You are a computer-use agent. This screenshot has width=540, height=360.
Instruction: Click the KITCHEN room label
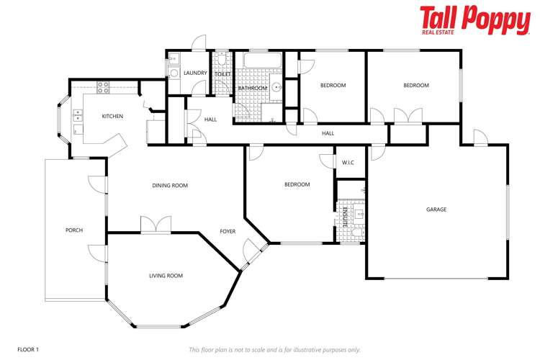click(112, 116)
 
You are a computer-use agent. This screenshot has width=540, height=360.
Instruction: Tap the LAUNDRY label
click(195, 73)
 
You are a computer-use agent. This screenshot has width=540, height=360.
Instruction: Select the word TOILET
click(222, 73)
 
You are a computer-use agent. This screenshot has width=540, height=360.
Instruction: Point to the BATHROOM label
click(253, 89)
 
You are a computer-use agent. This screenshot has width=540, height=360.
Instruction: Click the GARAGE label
click(436, 210)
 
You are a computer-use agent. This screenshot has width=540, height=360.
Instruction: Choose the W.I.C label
click(348, 162)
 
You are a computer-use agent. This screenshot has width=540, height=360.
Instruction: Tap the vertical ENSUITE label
click(345, 217)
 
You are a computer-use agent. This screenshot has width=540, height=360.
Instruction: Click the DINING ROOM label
click(170, 185)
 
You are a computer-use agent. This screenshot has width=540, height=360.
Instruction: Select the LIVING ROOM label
click(166, 276)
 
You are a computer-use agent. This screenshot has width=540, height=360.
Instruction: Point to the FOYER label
click(228, 231)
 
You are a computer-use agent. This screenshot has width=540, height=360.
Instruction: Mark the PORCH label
click(74, 230)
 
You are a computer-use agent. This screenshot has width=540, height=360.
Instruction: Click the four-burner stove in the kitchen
click(103, 87)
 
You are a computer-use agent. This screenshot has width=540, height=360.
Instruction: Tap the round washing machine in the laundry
click(174, 72)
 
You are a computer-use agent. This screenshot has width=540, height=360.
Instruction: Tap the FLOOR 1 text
click(28, 349)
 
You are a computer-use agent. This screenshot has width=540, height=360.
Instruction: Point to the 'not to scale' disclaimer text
click(274, 349)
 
